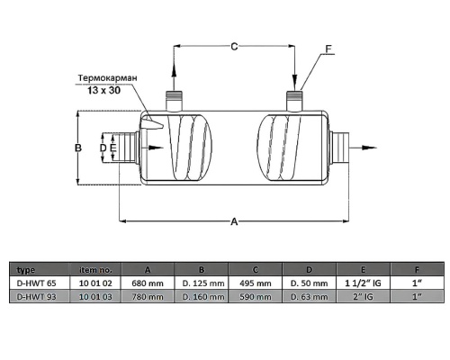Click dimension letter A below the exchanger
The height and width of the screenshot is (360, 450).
tap(234, 221)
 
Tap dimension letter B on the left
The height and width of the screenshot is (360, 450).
tap(78, 148)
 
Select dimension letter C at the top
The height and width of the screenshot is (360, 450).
tap(234, 47)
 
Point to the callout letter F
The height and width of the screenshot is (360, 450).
tap(329, 49)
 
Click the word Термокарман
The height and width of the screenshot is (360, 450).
tap(108, 78)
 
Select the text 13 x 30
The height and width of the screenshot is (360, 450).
tap(104, 90)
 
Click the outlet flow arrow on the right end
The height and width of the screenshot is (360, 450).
tap(363, 148)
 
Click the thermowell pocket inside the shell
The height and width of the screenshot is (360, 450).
tap(152, 122)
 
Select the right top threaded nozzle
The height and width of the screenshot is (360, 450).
tap(294, 101)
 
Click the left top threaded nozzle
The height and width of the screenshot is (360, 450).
tap(174, 101)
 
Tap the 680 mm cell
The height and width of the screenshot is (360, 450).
tap(148, 283)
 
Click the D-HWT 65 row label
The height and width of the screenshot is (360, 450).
tap(37, 283)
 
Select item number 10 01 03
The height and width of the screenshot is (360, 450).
tap(95, 297)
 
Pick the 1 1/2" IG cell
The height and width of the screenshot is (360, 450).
tap(363, 283)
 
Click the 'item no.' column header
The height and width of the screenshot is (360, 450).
tap(95, 270)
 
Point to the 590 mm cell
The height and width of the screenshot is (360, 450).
tap(256, 297)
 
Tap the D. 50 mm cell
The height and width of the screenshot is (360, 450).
tap(309, 283)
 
